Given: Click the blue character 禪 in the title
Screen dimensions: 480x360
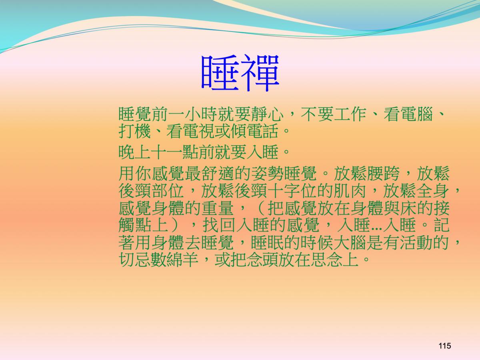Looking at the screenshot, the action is pyautogui.click(x=260, y=73).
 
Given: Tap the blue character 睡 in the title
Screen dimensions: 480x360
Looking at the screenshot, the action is pyautogui.click(x=220, y=73).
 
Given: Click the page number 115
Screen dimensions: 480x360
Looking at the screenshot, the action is pyautogui.click(x=444, y=346).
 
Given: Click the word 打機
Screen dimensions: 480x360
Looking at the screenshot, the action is pyautogui.click(x=135, y=131).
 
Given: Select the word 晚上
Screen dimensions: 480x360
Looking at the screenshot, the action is pyautogui.click(x=135, y=152).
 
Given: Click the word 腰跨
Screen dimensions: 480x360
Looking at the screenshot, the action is pyautogui.click(x=384, y=174).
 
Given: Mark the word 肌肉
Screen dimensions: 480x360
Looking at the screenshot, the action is pyautogui.click(x=350, y=191).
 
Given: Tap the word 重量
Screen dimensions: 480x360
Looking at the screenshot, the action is pyautogui.click(x=218, y=208).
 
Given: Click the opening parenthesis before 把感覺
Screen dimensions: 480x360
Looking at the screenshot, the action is pyautogui.click(x=261, y=208).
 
